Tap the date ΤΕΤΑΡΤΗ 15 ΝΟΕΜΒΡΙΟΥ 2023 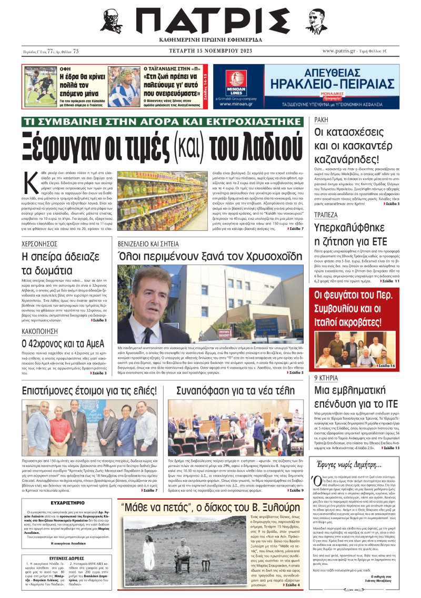pos(210,51)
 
